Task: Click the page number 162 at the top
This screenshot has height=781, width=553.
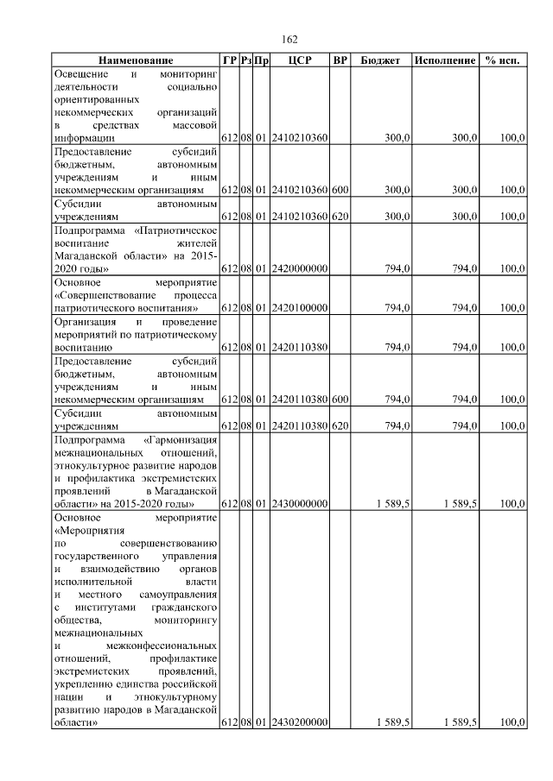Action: click(x=289, y=39)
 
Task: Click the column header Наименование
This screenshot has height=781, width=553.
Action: click(x=136, y=61)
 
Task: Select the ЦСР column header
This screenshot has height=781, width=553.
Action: click(x=299, y=61)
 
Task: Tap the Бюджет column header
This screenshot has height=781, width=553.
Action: click(x=380, y=61)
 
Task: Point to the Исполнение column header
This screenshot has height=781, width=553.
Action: click(x=445, y=61)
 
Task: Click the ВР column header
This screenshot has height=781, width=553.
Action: click(x=340, y=61)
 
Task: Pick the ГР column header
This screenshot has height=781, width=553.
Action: click(x=229, y=61)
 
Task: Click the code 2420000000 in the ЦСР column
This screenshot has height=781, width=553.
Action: click(x=299, y=268)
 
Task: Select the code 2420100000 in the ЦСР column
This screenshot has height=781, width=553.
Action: click(x=299, y=308)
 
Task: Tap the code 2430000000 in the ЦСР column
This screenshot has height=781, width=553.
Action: click(x=299, y=504)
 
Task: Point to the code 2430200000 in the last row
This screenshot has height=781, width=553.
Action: click(x=299, y=722)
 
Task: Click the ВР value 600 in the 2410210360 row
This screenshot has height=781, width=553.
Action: click(x=340, y=190)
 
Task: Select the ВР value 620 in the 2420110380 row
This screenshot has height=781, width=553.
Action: click(x=340, y=425)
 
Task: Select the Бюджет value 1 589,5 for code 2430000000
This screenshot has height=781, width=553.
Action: click(x=393, y=504)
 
